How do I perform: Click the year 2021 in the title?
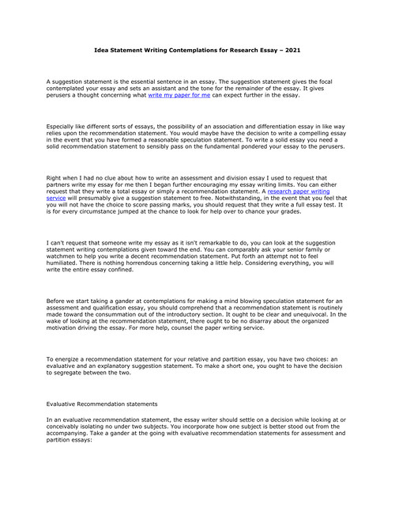[292, 50]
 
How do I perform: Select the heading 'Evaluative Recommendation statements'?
[102, 404]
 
